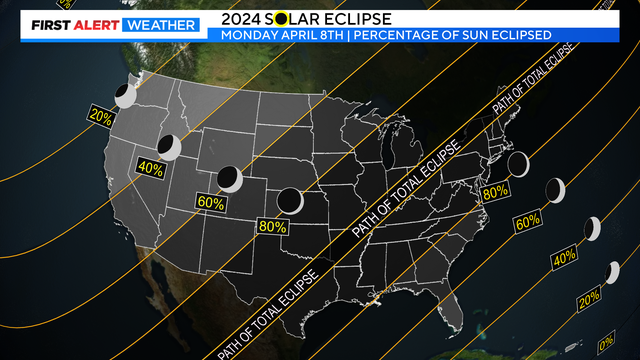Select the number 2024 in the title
[240, 17]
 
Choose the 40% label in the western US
[150, 168]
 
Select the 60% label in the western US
[211, 201]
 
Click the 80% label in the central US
[270, 226]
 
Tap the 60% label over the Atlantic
[527, 220]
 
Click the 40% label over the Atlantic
[565, 258]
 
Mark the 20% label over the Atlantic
[589, 296]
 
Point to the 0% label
[606, 343]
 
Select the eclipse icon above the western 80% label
[291, 200]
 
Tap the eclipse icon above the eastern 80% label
[518, 163]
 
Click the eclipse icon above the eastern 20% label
[612, 271]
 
